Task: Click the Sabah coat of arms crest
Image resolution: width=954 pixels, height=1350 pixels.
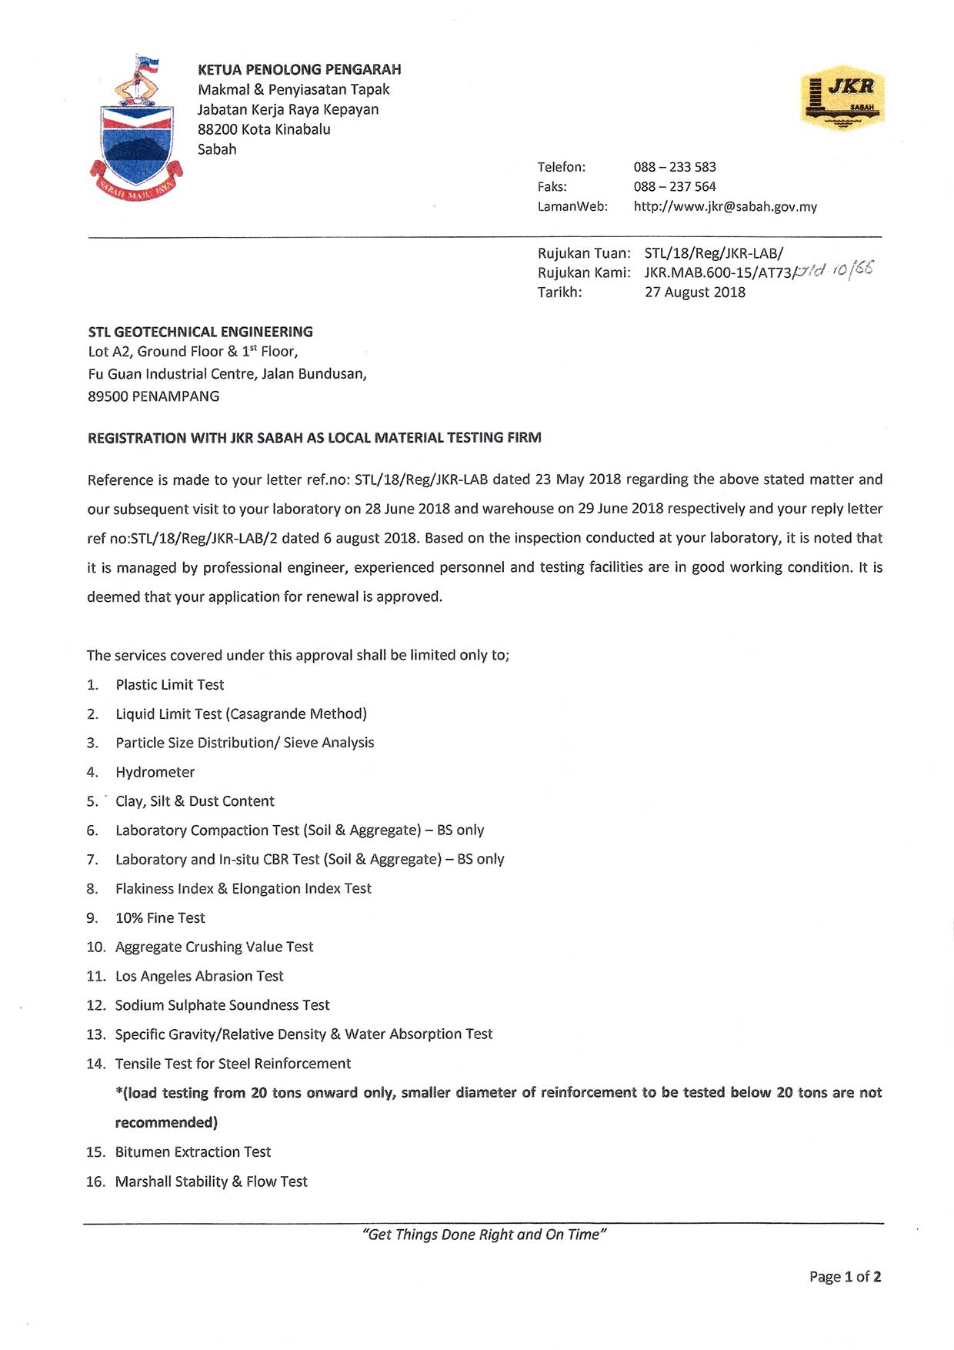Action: click(136, 129)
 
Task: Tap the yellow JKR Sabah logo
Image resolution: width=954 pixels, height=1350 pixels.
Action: click(842, 98)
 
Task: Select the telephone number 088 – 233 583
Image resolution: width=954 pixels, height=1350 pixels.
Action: click(675, 167)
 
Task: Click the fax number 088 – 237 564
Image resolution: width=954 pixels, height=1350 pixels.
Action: click(675, 186)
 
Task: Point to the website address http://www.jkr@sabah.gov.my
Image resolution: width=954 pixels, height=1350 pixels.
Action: click(725, 206)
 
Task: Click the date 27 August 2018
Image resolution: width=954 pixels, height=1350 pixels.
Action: click(695, 292)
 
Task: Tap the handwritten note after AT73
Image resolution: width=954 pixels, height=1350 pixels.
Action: click(834, 269)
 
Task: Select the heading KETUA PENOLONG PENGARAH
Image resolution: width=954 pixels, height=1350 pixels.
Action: click(299, 69)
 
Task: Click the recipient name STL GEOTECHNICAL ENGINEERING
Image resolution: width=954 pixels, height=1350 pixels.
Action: click(200, 332)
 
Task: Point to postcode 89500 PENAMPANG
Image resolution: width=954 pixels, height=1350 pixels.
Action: click(153, 396)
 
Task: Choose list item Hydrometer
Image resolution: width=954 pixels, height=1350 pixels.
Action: click(155, 772)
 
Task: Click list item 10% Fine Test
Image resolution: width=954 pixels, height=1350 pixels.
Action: click(160, 917)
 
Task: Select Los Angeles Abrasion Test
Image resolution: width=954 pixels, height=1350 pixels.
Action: click(199, 976)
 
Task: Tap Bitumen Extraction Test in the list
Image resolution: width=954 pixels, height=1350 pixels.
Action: click(193, 1152)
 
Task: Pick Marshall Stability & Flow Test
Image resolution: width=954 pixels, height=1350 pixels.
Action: click(211, 1181)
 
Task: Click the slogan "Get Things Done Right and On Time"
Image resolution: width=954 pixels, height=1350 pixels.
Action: click(484, 1235)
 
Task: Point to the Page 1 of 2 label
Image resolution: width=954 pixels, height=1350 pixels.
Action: click(845, 1277)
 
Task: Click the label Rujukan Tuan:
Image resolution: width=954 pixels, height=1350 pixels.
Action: click(584, 253)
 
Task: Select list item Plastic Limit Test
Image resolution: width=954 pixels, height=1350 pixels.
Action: click(169, 685)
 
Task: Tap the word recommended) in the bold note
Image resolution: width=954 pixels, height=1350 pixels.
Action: click(166, 1122)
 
